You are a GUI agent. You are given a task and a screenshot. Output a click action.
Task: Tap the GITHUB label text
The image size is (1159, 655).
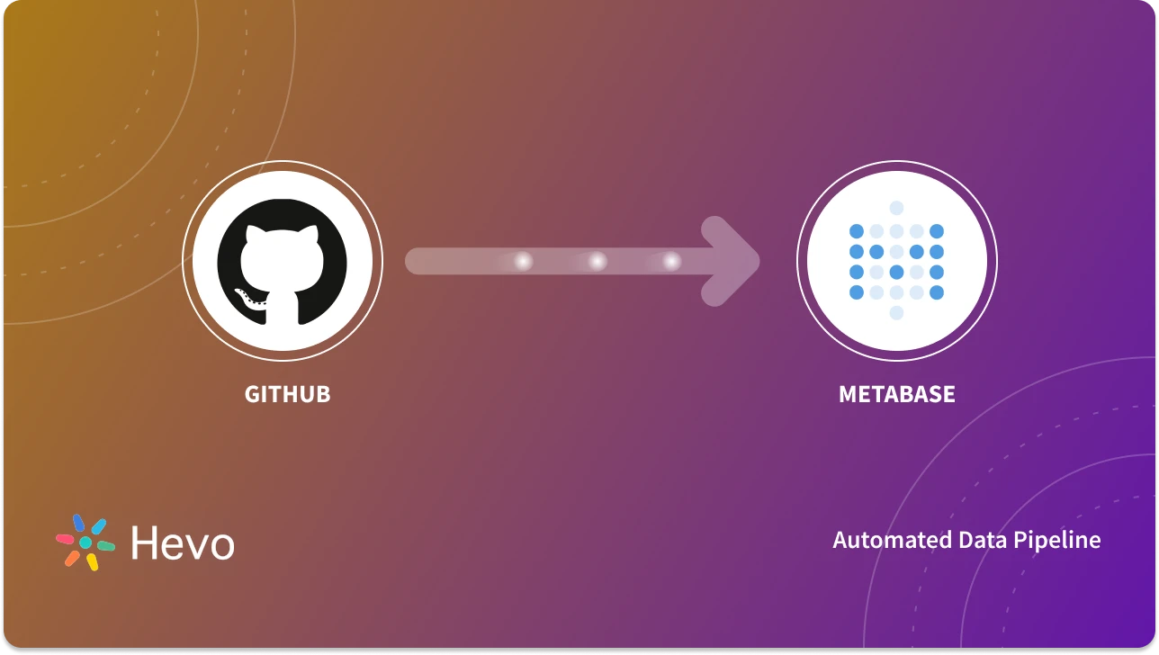tap(287, 394)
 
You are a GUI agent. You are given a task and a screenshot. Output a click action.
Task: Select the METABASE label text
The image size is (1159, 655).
tap(896, 394)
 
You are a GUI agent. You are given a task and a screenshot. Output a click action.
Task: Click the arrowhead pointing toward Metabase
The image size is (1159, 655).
tap(733, 261)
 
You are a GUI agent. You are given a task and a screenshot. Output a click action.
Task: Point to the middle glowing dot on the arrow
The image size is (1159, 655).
tap(597, 261)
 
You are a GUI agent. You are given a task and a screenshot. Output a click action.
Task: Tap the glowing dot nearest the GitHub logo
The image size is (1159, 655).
tap(523, 261)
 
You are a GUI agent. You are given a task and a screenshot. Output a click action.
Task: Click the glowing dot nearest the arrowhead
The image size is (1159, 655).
tap(671, 261)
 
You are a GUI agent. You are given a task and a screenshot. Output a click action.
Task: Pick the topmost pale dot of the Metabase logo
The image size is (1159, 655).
tap(896, 208)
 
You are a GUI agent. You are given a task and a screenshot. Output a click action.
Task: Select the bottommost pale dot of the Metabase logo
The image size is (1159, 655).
tap(896, 312)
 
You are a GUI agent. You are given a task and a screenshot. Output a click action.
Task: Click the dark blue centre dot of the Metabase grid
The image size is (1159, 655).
tap(896, 272)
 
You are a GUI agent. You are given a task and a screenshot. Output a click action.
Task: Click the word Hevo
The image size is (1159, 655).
tap(183, 543)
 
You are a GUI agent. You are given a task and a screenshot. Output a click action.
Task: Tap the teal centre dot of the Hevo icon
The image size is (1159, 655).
tap(85, 543)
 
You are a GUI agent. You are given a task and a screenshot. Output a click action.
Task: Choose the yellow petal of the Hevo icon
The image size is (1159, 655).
tap(92, 562)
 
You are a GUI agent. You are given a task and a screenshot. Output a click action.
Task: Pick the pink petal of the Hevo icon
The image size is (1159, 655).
tap(65, 539)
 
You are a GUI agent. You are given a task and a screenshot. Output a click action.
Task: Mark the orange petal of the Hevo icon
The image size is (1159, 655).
tap(72, 558)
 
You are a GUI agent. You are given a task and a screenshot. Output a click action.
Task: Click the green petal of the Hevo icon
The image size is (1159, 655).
tap(106, 545)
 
